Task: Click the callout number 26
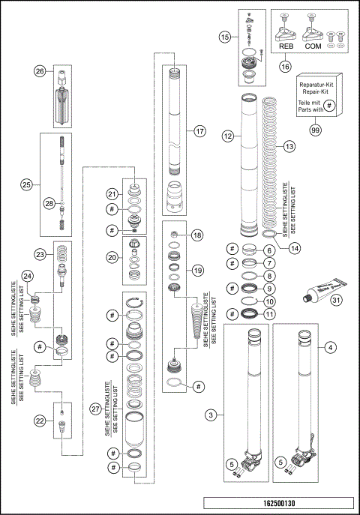click(40, 71)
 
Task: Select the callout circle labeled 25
click(26, 184)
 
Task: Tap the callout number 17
click(199, 130)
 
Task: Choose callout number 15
click(224, 36)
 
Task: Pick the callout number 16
click(306, 66)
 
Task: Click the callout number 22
click(38, 422)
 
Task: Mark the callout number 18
click(198, 235)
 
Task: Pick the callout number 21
click(112, 194)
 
